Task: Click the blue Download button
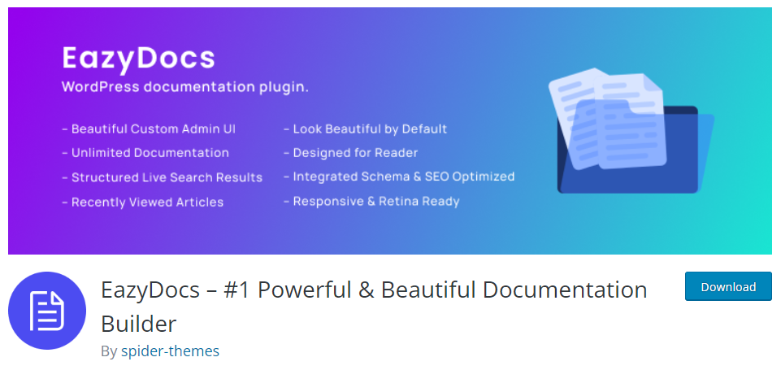pyautogui.click(x=728, y=287)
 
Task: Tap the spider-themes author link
pyautogui.click(x=170, y=351)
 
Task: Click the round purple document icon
pyautogui.click(x=47, y=311)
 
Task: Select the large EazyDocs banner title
pyautogui.click(x=138, y=59)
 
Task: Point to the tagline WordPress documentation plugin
pyautogui.click(x=185, y=87)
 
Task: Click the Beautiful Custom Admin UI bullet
pyautogui.click(x=149, y=129)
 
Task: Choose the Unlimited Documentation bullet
pyautogui.click(x=145, y=153)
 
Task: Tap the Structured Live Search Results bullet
pyautogui.click(x=162, y=177)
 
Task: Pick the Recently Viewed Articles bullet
pyautogui.click(x=142, y=202)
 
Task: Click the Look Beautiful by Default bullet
pyautogui.click(x=365, y=129)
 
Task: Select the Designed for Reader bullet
pyautogui.click(x=350, y=153)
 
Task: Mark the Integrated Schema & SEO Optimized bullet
pyautogui.click(x=399, y=176)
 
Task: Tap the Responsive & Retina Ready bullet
pyautogui.click(x=371, y=202)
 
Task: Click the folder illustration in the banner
pyautogui.click(x=631, y=131)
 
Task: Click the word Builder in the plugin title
pyautogui.click(x=138, y=325)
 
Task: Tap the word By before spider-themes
pyautogui.click(x=109, y=351)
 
